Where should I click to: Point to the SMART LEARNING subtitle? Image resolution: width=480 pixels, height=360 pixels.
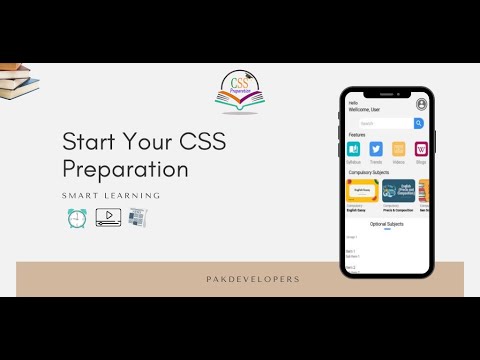111,195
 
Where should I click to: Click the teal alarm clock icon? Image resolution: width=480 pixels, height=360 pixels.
77,217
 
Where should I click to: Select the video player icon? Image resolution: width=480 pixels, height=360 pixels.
108,217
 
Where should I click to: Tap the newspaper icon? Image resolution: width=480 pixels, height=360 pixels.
137,217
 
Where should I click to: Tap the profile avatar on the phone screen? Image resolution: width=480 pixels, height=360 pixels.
422,104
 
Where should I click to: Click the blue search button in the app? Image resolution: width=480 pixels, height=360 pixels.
419,123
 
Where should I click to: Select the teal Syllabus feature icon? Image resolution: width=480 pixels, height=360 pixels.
353,149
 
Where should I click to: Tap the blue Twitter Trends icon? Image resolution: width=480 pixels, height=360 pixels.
376,149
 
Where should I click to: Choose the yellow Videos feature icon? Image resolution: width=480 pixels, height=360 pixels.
399,149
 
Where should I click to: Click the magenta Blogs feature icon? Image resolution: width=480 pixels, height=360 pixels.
421,149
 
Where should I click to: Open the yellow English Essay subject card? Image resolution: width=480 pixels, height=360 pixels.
362,190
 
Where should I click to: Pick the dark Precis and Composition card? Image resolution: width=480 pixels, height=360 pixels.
399,190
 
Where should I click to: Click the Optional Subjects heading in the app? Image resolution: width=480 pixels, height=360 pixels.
387,224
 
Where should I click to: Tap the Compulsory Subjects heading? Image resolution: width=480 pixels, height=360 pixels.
368,172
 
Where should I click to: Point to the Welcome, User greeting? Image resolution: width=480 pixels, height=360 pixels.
364,108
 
